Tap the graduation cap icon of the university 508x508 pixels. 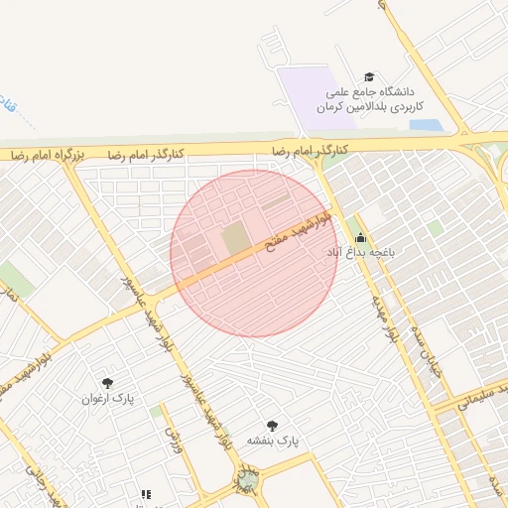(370, 77)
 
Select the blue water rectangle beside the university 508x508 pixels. (425, 126)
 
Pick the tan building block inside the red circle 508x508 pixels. (236, 239)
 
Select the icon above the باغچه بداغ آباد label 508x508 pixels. (359, 238)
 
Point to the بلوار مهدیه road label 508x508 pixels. (386, 317)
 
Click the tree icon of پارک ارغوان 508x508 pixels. (107, 383)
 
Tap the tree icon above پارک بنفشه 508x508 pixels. (273, 424)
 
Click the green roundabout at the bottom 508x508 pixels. (246, 480)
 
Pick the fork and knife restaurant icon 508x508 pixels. (146, 493)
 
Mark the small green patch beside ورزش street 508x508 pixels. (156, 411)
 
